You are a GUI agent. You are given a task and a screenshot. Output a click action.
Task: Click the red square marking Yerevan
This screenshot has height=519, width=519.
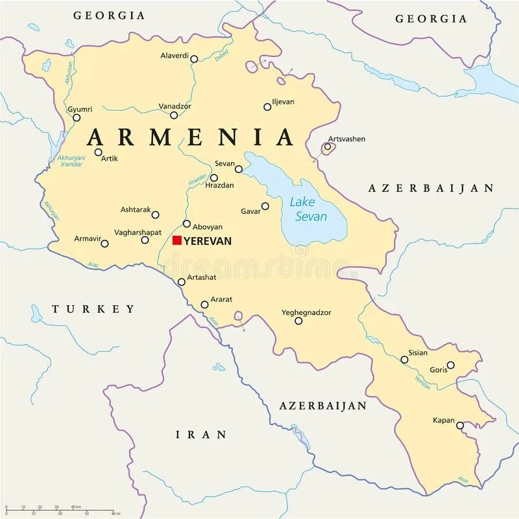tap(176, 240)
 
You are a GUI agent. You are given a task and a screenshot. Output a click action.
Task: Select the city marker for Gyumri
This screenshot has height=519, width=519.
tap(77, 118)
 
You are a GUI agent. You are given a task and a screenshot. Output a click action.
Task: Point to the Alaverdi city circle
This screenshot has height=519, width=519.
tap(194, 59)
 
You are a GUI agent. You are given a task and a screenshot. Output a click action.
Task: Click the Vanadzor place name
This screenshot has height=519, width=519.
tap(175, 106)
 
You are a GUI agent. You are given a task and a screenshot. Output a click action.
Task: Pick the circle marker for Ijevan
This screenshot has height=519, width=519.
tap(267, 107)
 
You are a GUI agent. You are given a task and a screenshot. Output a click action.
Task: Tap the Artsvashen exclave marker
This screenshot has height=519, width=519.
tap(328, 147)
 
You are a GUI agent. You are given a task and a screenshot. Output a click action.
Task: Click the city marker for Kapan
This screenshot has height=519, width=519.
tap(460, 426)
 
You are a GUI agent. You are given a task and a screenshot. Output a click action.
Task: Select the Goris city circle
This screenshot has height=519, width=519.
tap(450, 365)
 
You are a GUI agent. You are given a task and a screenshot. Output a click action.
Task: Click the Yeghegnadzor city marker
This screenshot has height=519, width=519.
tap(298, 321)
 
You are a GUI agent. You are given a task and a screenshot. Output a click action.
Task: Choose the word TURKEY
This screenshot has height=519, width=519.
tap(94, 309)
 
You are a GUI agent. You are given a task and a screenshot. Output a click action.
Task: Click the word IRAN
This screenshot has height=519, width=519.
tap(202, 435)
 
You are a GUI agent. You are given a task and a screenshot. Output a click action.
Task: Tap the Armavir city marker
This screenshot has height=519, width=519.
tap(104, 244)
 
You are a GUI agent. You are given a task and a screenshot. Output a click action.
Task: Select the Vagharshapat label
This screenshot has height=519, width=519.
tap(138, 232)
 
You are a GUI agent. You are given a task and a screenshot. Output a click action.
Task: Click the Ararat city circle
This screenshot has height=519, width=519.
tap(204, 305)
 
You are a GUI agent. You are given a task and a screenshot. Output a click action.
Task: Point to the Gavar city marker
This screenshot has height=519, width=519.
tap(265, 207)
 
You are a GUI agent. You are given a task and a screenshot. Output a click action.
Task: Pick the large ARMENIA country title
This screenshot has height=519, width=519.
tap(191, 137)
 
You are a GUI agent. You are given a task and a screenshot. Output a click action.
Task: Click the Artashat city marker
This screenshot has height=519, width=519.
tap(182, 282)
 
